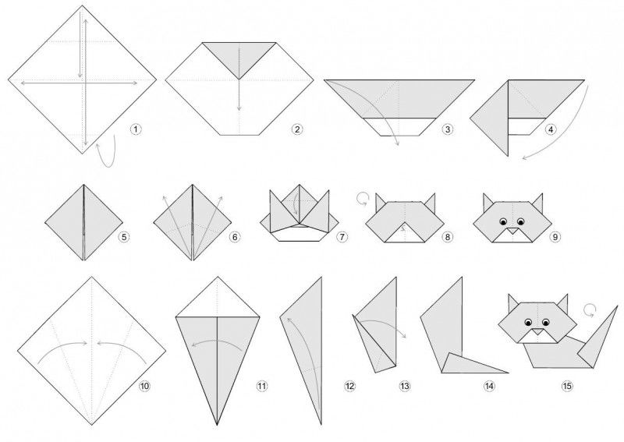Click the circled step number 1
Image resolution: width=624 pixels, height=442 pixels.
136,129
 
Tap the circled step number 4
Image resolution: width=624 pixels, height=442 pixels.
551,129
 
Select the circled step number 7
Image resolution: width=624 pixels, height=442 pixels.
342,237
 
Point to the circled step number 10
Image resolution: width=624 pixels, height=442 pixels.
144,386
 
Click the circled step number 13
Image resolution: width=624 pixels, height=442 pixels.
404,386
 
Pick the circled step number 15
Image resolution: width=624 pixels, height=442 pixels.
567,386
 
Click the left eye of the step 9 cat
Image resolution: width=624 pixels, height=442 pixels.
503,221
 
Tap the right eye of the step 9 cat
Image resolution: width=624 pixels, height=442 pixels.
520,221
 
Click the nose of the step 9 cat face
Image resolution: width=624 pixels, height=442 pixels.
512,230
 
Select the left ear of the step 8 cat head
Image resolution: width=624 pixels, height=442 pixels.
380,202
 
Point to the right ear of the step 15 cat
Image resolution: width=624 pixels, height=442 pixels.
562,304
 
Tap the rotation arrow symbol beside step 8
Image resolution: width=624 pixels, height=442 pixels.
362,199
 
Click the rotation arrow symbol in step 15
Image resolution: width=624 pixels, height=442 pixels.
590,310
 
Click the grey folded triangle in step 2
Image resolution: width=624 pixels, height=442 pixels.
239,58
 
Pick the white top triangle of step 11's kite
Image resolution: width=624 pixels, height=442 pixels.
218,300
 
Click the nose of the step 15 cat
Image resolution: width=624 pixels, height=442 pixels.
537,332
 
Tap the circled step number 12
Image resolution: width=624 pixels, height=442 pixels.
349,386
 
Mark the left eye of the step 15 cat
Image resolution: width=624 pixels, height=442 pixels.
529,322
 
